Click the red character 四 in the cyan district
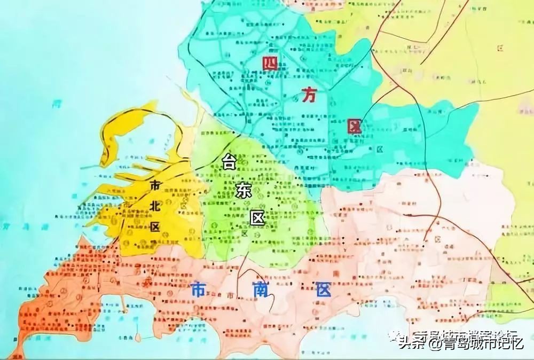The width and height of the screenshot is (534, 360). pyautogui.click(x=271, y=63)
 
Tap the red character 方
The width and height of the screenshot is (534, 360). pyautogui.click(x=308, y=96)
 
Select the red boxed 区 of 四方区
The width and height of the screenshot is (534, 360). pyautogui.click(x=354, y=127)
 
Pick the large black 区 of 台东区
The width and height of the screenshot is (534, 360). pyautogui.click(x=258, y=218)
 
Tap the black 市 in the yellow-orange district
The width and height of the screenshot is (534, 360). pyautogui.click(x=155, y=185)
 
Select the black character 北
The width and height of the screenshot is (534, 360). pyautogui.click(x=155, y=206)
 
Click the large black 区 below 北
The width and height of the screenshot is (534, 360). pyautogui.click(x=155, y=227)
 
